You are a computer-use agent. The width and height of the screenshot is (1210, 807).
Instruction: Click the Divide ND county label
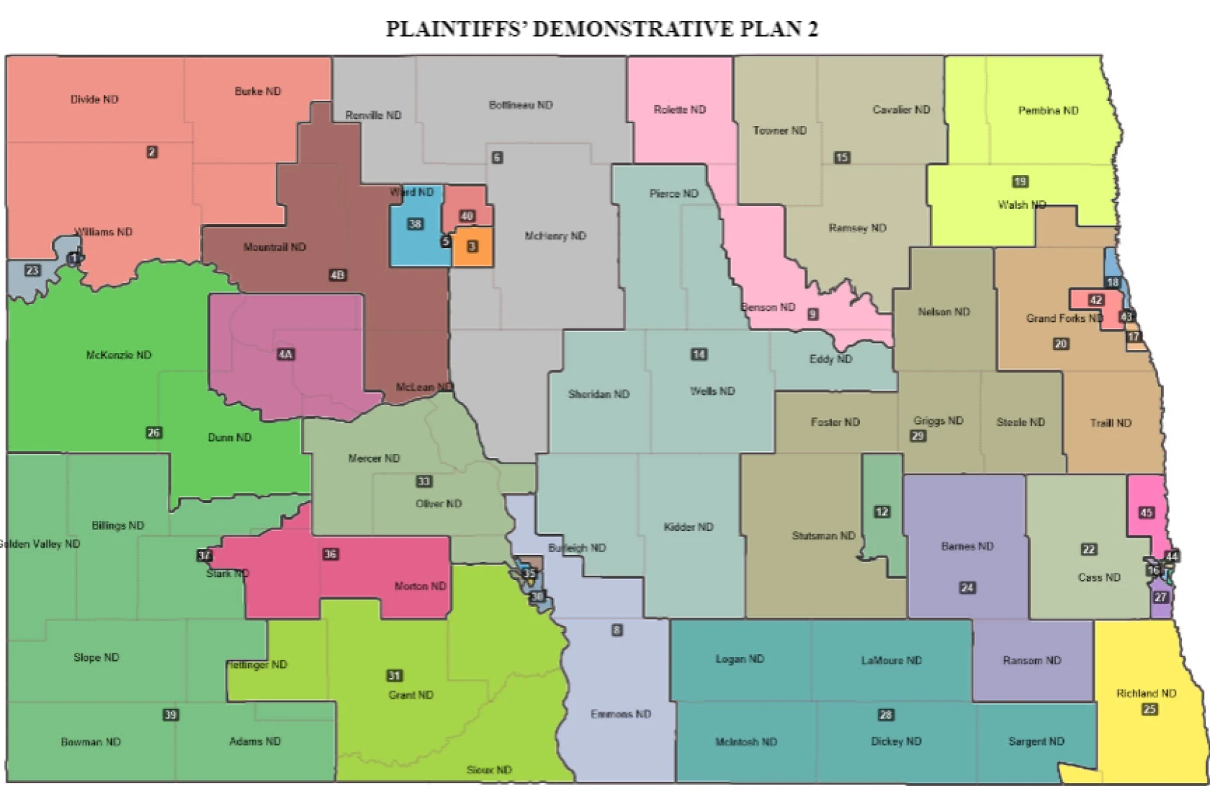94,99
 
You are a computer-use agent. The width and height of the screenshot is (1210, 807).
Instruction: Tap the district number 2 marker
152,152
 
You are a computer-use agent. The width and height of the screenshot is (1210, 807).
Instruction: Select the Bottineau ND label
521,105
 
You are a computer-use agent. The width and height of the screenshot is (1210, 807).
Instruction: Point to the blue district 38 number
415,224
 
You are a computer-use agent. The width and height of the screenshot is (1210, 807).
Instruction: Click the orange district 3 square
472,246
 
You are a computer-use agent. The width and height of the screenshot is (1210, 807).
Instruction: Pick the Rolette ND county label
679,110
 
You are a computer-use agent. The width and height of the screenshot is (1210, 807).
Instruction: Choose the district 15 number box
842,157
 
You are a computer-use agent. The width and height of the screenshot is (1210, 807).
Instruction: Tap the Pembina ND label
1048,110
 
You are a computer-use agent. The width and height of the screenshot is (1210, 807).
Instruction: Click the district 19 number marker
1020,182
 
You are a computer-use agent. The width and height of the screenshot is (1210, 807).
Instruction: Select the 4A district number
286,354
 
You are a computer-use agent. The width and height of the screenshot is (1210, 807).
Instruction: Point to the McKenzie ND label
119,355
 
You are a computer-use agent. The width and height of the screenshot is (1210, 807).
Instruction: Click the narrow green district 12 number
882,512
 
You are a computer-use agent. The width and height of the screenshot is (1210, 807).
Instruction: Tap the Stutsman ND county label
823,535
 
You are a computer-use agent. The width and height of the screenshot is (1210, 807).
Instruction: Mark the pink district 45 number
1146,513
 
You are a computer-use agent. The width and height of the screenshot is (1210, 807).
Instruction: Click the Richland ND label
1146,693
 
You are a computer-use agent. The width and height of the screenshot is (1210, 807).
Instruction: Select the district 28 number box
886,715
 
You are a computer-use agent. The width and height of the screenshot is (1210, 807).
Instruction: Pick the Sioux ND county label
489,770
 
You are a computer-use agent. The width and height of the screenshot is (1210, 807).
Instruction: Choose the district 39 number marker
171,715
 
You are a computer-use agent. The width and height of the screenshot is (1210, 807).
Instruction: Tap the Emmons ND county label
621,714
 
